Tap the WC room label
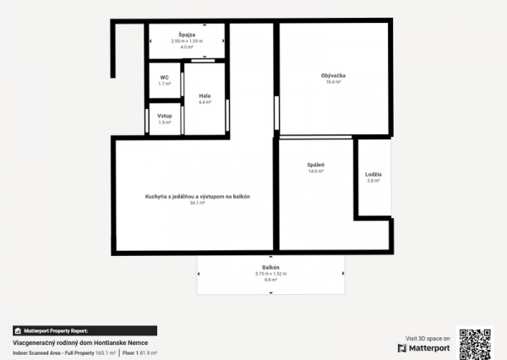point(165,76)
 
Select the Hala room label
point(204,95)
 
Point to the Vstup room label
point(165,115)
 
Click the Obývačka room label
point(333,76)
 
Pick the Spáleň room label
point(316,164)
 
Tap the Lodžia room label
point(373,174)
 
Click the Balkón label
point(270,267)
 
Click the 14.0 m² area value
point(316,171)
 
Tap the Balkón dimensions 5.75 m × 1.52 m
point(270,274)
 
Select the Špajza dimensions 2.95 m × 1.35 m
point(187,41)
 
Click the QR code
point(474,343)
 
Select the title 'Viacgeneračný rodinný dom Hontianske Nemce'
point(67,341)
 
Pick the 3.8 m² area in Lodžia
point(373,181)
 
